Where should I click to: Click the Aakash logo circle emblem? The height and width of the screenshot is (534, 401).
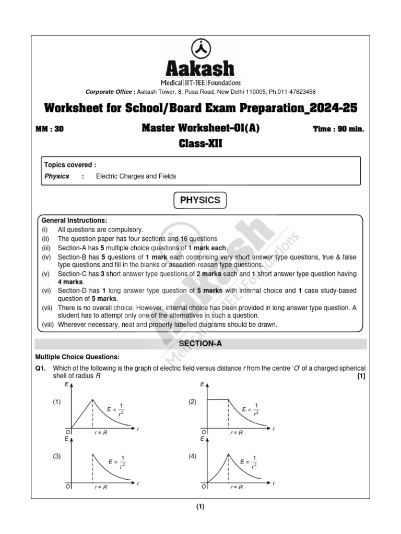[x=200, y=48]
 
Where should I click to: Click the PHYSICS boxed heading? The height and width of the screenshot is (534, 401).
[x=200, y=200]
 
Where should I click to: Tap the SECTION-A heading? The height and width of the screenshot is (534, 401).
[x=200, y=344]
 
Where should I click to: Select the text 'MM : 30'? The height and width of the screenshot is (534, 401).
[x=49, y=129]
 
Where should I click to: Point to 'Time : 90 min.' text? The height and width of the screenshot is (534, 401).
[x=338, y=129]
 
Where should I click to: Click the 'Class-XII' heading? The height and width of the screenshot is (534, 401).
[x=200, y=143]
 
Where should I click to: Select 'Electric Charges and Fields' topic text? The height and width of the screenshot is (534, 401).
[x=136, y=176]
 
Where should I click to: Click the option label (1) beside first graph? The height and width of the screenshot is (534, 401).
[x=56, y=402]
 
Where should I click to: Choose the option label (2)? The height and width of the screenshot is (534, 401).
[x=193, y=402]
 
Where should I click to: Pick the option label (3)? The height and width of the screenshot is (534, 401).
[x=56, y=456]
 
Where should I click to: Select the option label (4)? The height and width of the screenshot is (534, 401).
[x=193, y=456]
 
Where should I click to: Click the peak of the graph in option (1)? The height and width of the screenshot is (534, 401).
[x=93, y=399]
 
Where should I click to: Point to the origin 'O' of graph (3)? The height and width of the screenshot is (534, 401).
[x=67, y=487]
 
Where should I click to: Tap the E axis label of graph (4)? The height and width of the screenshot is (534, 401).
[x=202, y=440]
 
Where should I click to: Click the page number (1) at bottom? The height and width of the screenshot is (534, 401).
[x=200, y=507]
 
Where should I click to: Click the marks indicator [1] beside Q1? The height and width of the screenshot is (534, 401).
[x=361, y=377]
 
